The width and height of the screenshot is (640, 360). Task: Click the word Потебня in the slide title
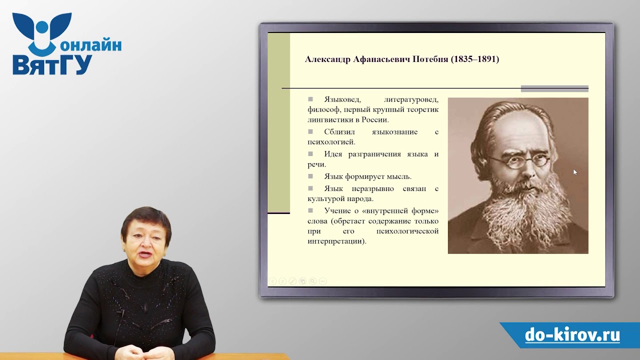coord(429,59)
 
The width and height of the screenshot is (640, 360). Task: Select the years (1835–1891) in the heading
coord(475,59)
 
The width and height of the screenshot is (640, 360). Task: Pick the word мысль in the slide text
coord(397,176)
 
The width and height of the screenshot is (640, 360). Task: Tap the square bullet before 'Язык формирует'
coord(310,176)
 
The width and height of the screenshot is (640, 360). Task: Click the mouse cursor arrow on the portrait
coord(575,172)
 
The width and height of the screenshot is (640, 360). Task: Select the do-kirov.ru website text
coord(572,335)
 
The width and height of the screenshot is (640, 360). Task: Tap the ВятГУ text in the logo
coord(52,65)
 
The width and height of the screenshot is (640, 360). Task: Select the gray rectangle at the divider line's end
coord(554,89)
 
